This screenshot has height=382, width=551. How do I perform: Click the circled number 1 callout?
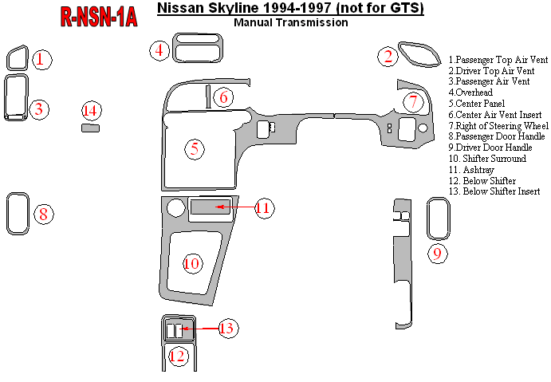(42, 58)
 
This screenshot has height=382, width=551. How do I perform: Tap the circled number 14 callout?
(91, 110)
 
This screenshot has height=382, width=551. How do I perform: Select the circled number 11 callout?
(264, 208)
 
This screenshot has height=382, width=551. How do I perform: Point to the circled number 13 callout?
(227, 328)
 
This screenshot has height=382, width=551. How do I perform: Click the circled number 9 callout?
(437, 254)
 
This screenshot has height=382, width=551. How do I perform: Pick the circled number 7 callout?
(412, 102)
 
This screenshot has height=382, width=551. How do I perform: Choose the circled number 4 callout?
(159, 51)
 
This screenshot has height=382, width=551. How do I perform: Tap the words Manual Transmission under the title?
(291, 23)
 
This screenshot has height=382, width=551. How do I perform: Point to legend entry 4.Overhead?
(470, 93)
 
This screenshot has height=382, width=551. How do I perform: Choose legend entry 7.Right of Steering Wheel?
(498, 126)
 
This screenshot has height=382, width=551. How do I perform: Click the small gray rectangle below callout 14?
(91, 126)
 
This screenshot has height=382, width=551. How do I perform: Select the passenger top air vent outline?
(18, 58)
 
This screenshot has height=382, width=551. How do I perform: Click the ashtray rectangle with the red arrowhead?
(211, 208)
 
